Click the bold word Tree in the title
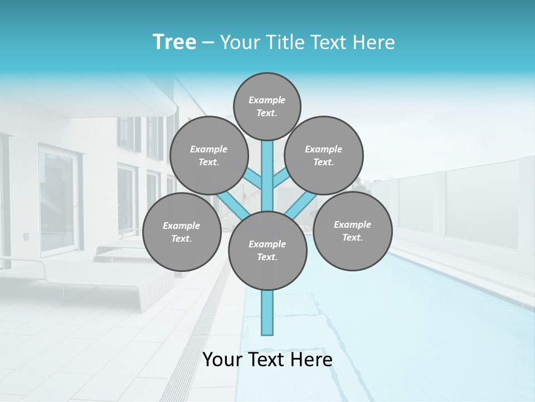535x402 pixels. click(x=174, y=42)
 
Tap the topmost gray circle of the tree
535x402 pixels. click(x=267, y=106)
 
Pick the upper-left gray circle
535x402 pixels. click(x=208, y=155)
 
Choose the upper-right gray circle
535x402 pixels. click(x=323, y=155)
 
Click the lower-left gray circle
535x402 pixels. click(x=182, y=232)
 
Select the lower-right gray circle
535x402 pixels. click(x=352, y=231)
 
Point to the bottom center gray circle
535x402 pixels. click(x=267, y=250)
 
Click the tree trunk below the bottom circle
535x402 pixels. click(x=267, y=313)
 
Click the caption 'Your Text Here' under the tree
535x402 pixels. click(x=267, y=360)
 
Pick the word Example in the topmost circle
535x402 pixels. click(x=267, y=100)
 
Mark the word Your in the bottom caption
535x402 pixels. click(x=222, y=360)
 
